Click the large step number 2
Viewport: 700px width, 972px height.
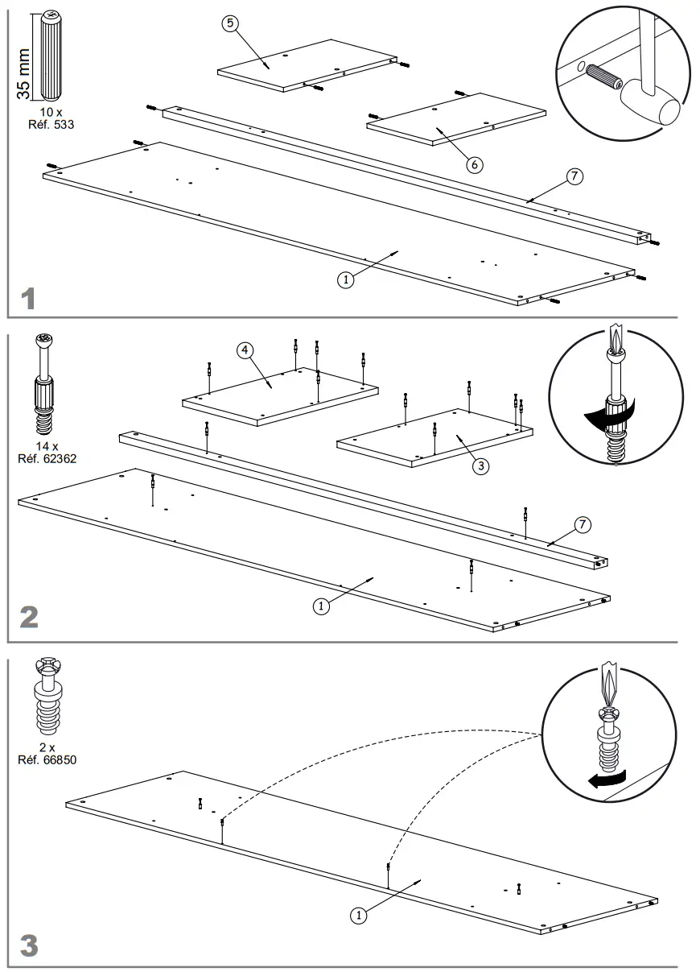(28, 618)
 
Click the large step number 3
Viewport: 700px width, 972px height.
(28, 945)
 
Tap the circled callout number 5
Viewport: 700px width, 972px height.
(230, 23)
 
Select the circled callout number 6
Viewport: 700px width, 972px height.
(474, 164)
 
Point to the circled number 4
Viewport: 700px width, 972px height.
(245, 350)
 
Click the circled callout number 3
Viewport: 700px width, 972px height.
(480, 465)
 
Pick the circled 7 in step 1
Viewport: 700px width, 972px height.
(573, 177)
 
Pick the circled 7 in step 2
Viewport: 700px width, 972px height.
(583, 525)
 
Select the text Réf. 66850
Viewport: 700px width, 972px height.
(47, 759)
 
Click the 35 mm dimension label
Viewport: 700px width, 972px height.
(23, 72)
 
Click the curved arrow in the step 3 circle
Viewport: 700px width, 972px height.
(607, 779)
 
